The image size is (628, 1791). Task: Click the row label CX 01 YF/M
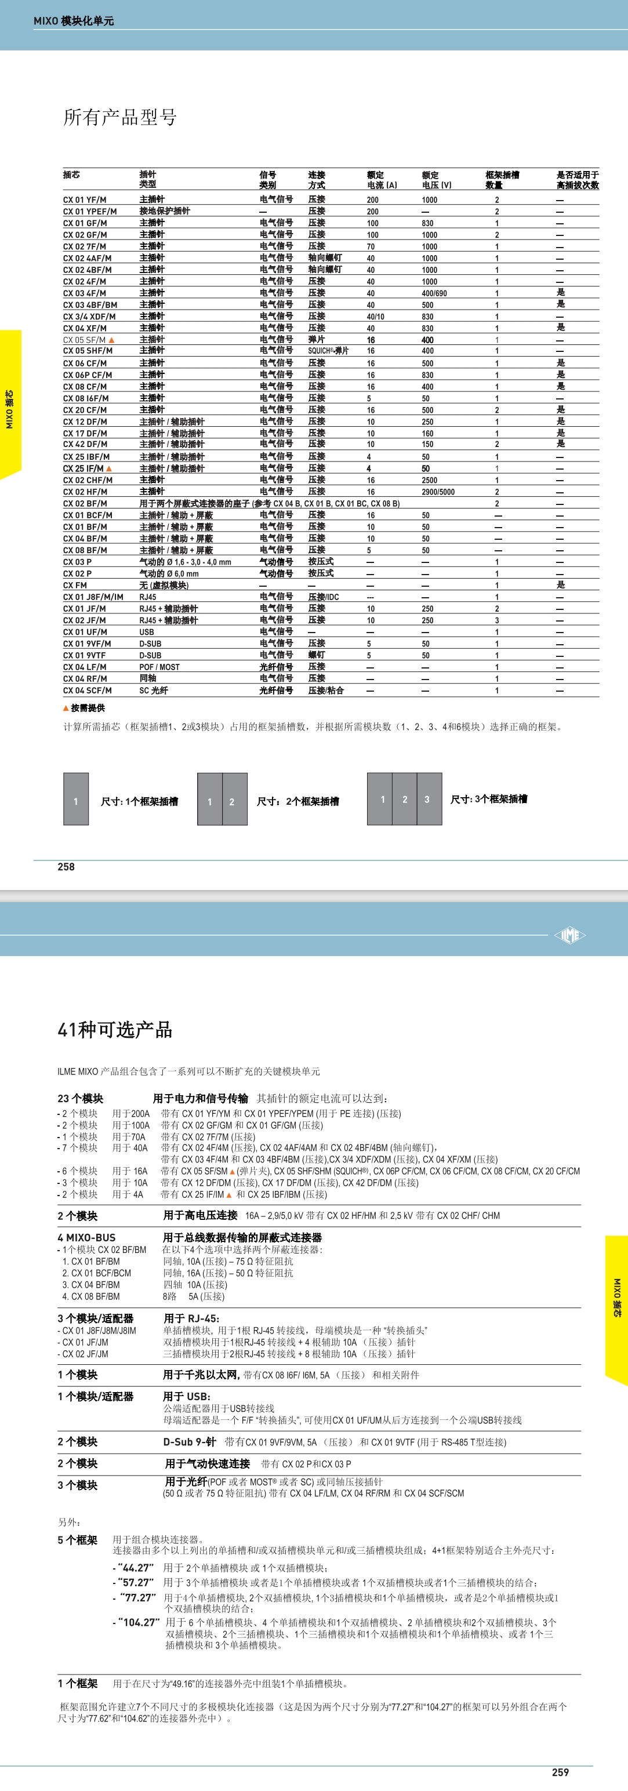84,199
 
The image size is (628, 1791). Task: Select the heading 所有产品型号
119,117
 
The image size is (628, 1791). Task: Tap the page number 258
66,866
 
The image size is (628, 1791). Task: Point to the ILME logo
569,935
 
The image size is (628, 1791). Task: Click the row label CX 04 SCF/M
87,691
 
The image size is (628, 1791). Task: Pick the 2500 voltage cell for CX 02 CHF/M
429,479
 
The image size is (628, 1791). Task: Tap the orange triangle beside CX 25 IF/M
108,468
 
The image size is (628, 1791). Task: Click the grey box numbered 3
427,800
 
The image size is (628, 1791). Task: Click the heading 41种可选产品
115,1030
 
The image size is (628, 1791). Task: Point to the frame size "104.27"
139,1622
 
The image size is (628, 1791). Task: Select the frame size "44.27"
136,1568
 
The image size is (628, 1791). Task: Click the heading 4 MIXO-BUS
86,1237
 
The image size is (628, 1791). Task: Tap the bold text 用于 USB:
186,1396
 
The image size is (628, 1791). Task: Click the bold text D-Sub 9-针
189,1442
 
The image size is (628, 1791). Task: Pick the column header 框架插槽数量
502,179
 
